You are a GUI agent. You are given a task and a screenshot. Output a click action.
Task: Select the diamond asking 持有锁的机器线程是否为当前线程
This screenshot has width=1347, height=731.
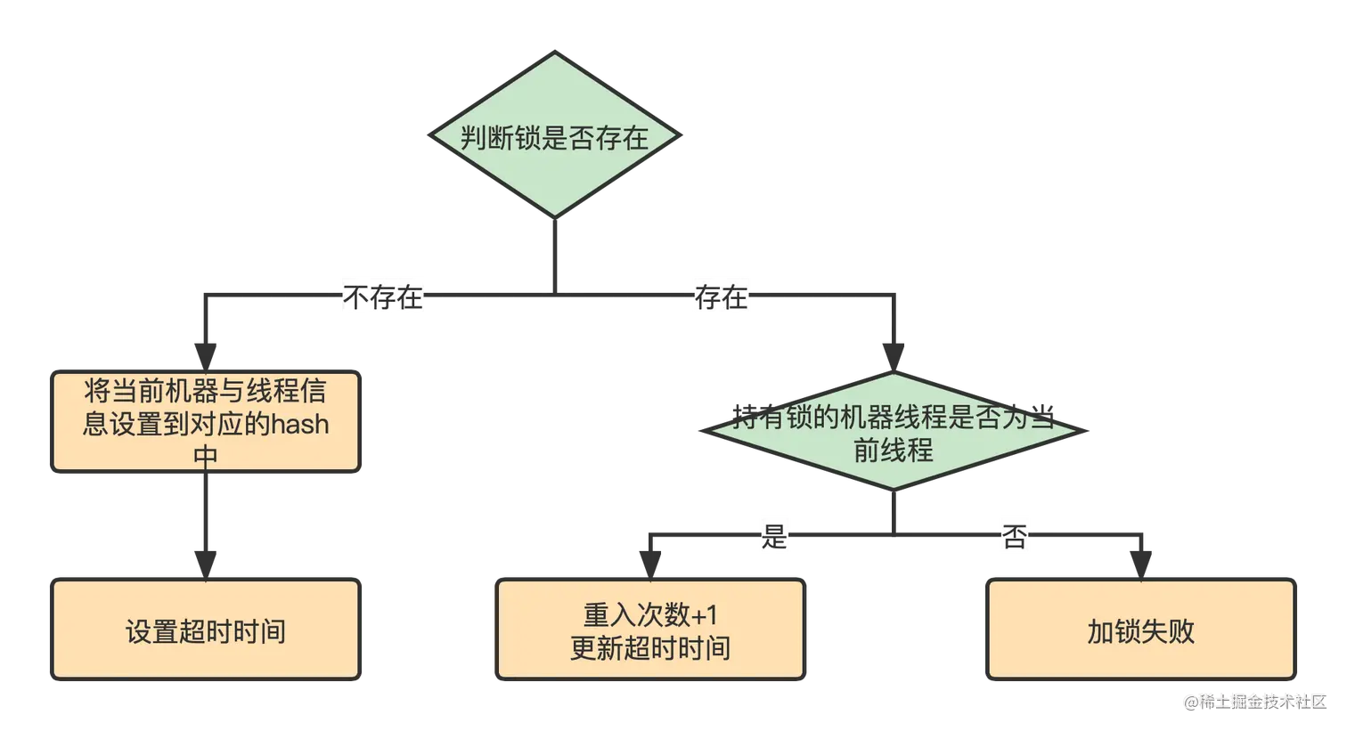coord(894,432)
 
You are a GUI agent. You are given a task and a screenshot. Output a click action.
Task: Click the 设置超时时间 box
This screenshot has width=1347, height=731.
coord(206,631)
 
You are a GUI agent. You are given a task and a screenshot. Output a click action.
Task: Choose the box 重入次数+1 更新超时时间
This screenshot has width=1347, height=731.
coord(650,631)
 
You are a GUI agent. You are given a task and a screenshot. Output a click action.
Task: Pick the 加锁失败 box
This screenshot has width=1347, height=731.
coord(1140,631)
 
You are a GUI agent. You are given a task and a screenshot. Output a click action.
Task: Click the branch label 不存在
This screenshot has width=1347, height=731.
coord(383,296)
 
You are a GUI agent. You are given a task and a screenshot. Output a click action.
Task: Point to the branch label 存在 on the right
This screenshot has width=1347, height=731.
coord(722,296)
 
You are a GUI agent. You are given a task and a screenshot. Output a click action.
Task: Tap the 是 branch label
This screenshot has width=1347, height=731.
coord(773,536)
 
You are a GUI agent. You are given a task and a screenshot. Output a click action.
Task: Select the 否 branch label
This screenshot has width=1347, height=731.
coord(1015,536)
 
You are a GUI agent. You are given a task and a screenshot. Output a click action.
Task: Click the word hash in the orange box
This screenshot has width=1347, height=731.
coord(300,424)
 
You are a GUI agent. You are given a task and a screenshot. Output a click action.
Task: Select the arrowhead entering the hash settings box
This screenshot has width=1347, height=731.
coord(206,350)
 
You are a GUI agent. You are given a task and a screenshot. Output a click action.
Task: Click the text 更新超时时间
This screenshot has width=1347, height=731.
coord(650,648)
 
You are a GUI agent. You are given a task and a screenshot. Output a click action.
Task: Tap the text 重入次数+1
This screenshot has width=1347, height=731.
coord(650,615)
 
